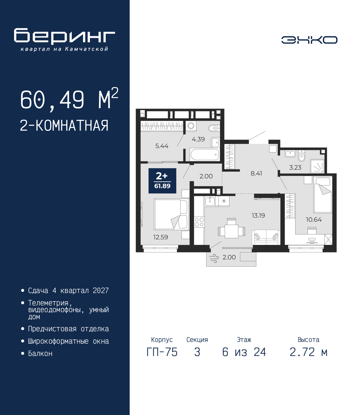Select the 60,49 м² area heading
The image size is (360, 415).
click(x=69, y=99)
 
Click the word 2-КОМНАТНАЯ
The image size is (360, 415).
click(x=64, y=126)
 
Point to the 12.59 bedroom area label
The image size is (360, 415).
click(x=161, y=237)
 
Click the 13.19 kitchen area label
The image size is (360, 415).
click(x=258, y=216)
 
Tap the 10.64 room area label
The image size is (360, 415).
click(x=314, y=220)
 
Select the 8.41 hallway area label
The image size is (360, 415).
click(x=256, y=173)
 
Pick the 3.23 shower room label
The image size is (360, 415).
click(x=295, y=167)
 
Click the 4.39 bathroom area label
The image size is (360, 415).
click(x=198, y=139)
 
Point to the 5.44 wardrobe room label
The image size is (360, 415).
click(x=162, y=146)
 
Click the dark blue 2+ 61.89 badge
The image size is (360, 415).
click(x=162, y=181)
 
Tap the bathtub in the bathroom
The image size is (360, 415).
click(x=204, y=154)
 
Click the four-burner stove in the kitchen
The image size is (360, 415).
click(x=199, y=222)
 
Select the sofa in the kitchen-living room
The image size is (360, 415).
click(x=266, y=237)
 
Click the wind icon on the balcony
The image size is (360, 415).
click(x=214, y=258)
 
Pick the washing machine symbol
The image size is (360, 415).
click(x=191, y=126)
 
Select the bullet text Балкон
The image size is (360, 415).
click(x=40, y=359)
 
